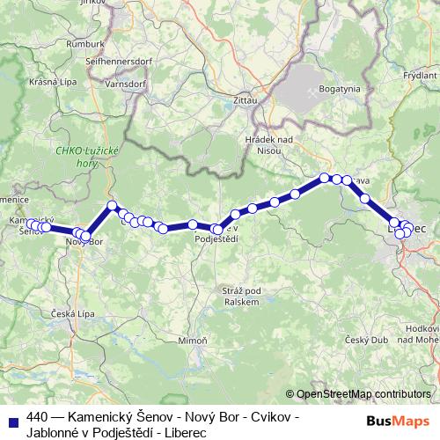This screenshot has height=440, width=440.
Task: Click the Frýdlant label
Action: [420, 51]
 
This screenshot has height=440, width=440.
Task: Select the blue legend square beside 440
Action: [12, 420]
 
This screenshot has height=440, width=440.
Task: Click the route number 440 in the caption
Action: [37, 415]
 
